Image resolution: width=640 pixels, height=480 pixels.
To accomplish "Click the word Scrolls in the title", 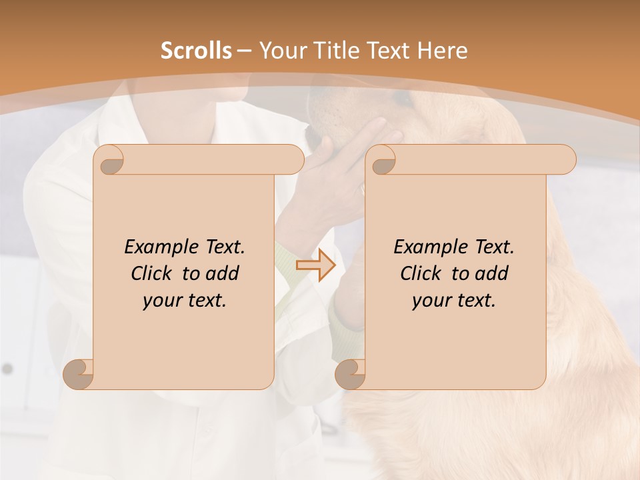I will (x=196, y=51).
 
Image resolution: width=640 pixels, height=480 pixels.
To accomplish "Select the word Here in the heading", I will (x=441, y=51).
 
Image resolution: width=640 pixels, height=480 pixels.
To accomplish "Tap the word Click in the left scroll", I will (x=151, y=273).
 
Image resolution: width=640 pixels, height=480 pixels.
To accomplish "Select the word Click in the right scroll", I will (x=421, y=273).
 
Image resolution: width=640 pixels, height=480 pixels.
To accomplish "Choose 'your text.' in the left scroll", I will (x=184, y=301).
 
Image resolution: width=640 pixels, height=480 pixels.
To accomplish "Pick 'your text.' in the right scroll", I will (x=453, y=301).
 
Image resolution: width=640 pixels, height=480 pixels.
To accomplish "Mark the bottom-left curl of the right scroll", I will (x=350, y=374).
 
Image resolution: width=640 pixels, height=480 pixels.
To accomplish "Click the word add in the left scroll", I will (x=223, y=273).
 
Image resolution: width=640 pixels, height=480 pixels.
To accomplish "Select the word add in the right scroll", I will (x=493, y=273).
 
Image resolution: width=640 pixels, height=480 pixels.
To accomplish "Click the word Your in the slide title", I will (x=281, y=51).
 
